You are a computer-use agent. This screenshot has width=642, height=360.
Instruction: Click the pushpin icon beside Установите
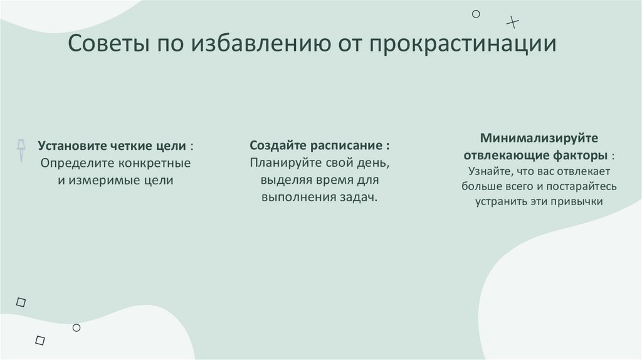pos(21,148)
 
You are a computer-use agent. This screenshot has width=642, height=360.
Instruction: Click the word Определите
pos(72,163)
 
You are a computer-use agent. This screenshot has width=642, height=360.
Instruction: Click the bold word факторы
pos(581,154)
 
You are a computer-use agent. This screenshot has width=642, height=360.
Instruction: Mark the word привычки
pos(579,202)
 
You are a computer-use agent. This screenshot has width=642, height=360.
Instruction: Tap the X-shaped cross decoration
pos(513,23)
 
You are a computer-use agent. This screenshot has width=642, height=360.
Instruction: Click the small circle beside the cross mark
pos(476,14)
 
